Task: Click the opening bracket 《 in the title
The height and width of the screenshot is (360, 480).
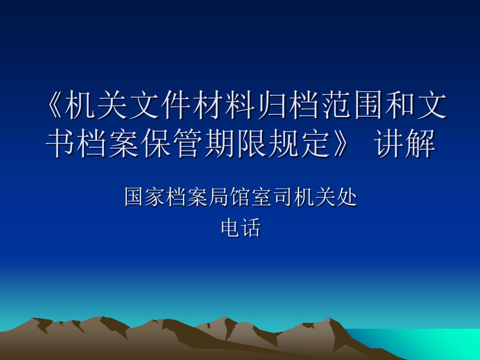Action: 54,105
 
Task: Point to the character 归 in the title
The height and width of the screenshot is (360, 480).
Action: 271,105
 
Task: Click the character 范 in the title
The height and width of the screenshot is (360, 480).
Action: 335,105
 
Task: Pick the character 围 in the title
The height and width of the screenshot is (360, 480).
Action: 367,105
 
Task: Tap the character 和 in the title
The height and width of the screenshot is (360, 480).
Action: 399,105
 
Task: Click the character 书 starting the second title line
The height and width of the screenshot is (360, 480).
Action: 60,143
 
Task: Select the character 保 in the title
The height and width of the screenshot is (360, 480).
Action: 156,143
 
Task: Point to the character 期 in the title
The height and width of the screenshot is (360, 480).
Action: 220,143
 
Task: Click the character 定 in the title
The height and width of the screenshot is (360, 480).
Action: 316,143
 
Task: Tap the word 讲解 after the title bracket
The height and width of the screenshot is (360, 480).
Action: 405,143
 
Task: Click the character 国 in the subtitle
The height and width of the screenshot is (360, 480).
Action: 134,197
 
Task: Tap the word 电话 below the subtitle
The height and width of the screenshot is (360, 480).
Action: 241,227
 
